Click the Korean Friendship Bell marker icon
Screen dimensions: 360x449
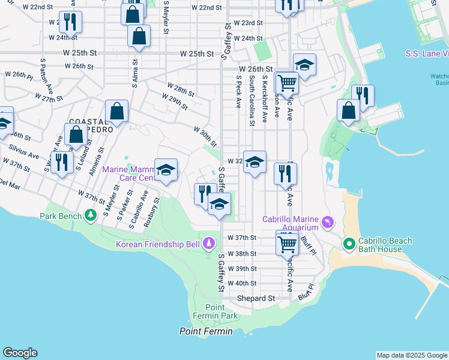click(208, 244)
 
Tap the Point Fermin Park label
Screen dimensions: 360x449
click(208, 311)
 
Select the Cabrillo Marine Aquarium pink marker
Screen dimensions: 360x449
click(327, 223)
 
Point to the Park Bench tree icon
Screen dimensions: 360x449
click(90, 215)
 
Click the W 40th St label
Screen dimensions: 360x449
click(242, 283)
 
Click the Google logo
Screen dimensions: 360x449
click(20, 353)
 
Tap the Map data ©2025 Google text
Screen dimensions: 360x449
click(411, 355)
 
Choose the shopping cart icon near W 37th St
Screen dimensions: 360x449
click(288, 243)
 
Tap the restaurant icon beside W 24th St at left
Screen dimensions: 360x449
click(70, 23)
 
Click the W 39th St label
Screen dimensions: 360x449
click(242, 268)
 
